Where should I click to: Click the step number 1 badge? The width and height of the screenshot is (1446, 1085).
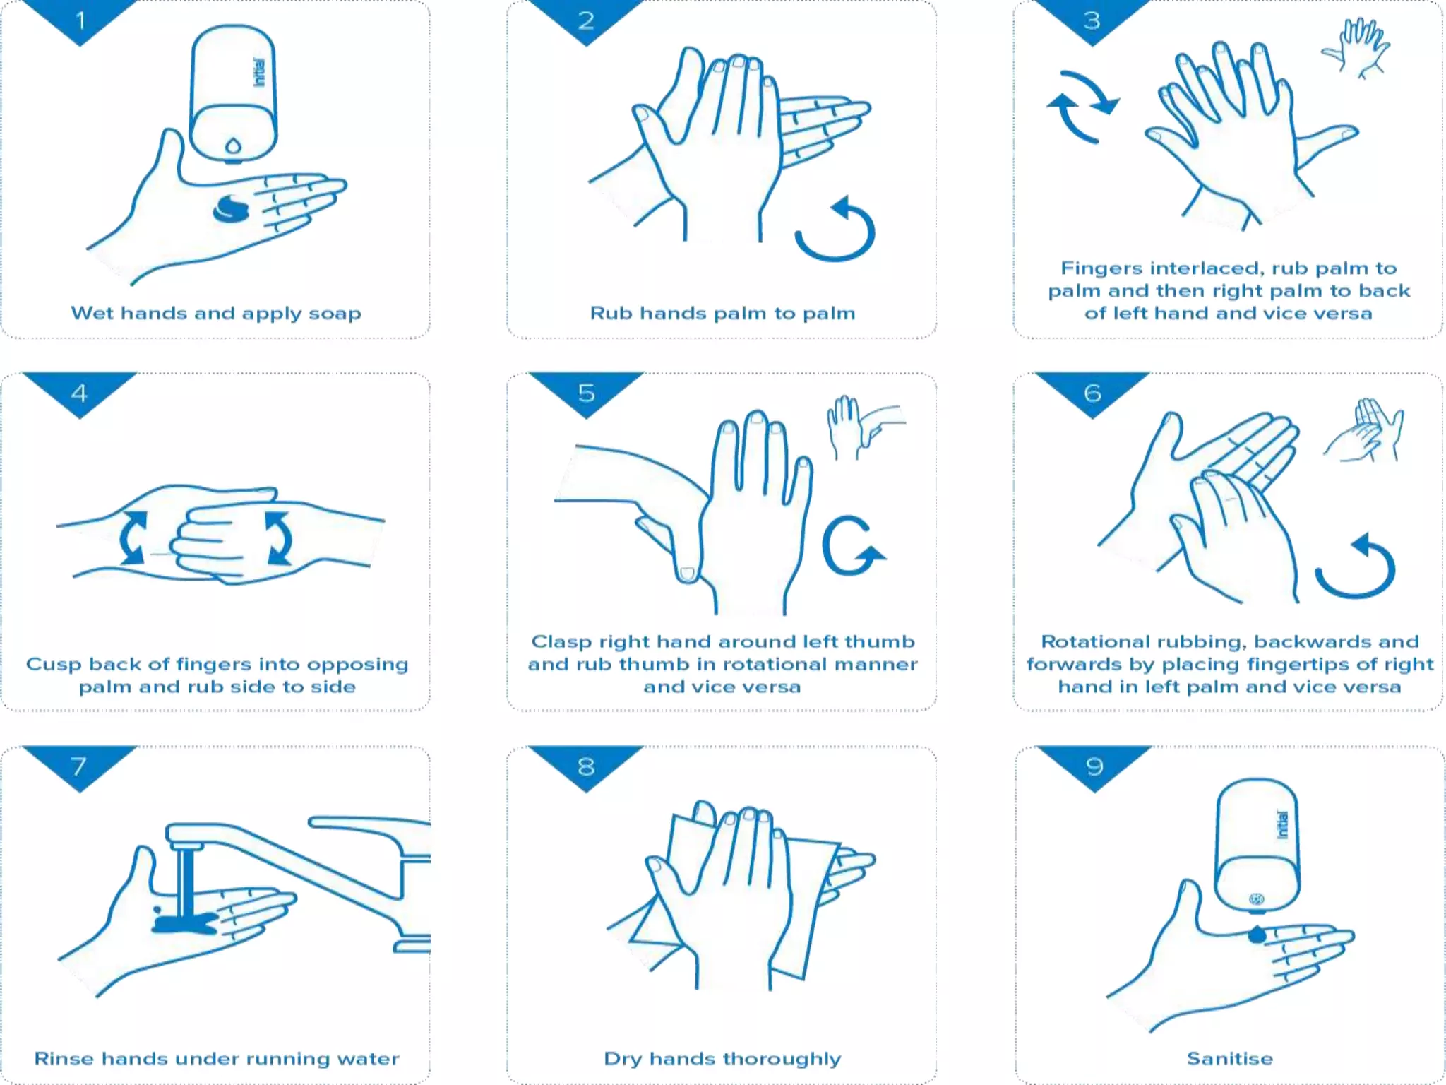pos(80,20)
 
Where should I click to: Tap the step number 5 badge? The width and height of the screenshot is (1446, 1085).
pos(586,393)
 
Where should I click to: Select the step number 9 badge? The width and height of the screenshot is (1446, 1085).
pos(1094,766)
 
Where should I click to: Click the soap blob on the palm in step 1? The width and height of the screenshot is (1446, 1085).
pos(232,209)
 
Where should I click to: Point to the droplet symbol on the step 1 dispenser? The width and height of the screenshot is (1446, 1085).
pos(233,146)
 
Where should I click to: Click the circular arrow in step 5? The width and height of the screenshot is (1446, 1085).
pos(852,546)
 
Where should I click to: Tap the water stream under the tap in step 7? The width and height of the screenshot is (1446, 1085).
pos(186,883)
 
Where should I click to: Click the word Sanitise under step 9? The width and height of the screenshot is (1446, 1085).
pos(1229,1058)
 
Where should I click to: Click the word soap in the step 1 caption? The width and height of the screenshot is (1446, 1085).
pos(335,313)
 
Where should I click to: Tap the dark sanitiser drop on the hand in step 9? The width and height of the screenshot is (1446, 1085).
pos(1257,935)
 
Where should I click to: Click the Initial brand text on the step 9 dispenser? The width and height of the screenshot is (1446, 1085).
pos(1282,824)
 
